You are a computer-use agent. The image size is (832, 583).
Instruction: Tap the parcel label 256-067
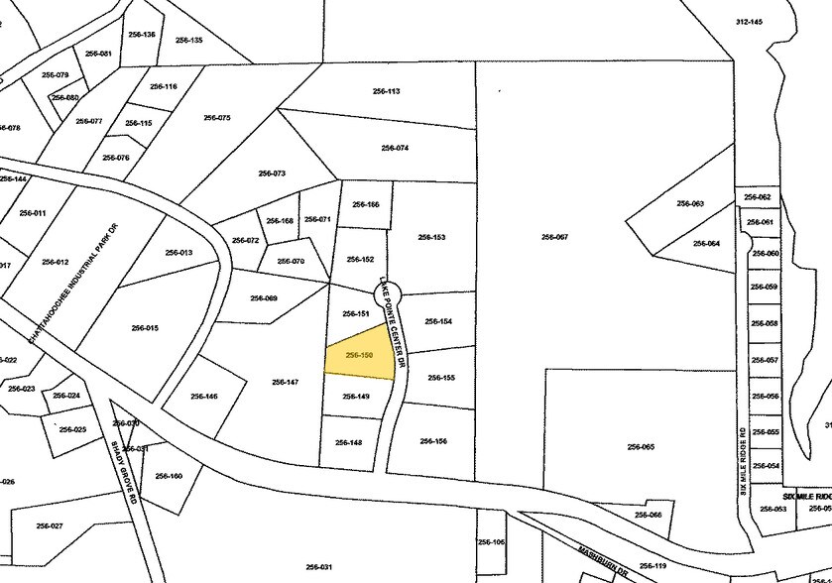(x=554, y=237)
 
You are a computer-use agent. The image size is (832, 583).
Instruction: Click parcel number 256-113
(x=386, y=91)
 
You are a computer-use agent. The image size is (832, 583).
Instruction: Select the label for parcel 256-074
(x=395, y=148)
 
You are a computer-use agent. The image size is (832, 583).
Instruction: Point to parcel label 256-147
(x=286, y=381)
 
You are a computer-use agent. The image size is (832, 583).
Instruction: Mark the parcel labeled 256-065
(x=641, y=446)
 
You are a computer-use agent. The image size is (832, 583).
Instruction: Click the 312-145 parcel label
(x=749, y=22)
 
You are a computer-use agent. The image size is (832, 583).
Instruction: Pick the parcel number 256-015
(x=145, y=327)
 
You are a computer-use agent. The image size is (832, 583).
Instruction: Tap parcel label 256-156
(x=433, y=441)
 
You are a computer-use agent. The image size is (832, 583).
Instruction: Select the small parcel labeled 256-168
(x=281, y=221)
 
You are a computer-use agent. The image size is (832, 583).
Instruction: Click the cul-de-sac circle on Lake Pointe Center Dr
(x=387, y=291)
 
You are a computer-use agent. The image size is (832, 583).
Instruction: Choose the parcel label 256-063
(x=690, y=203)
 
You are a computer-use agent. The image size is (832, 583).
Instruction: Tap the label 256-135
(x=189, y=40)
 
